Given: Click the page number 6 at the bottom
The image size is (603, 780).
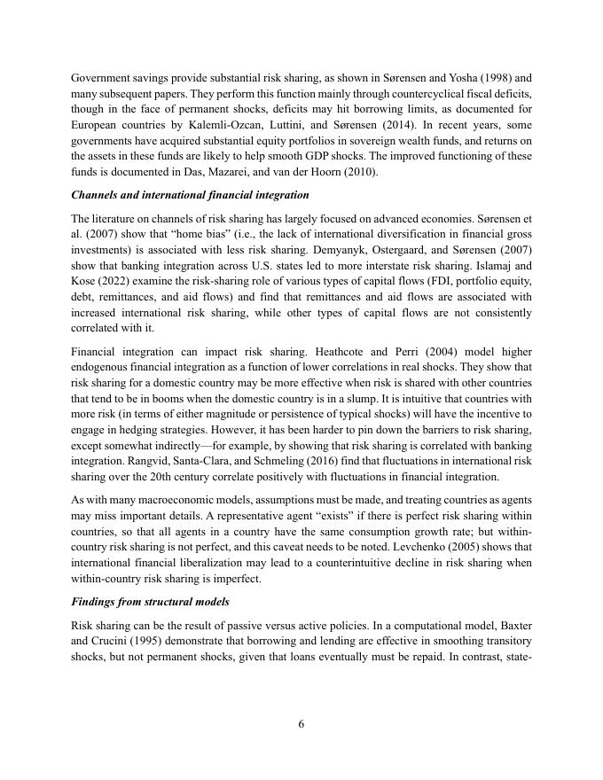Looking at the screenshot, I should pos(301,724).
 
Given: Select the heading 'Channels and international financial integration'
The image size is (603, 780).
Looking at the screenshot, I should pos(190,195).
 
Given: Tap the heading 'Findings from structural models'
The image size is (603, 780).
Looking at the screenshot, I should pos(150,602).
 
